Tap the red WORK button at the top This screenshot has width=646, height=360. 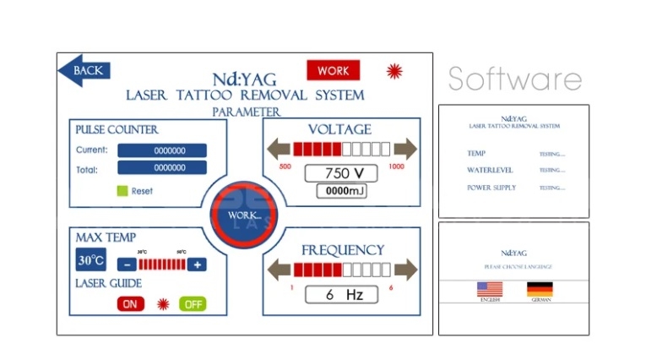tap(333, 71)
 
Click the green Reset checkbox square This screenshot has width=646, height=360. tap(122, 191)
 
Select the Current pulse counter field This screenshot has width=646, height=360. tap(161, 150)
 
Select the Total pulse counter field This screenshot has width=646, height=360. tap(161, 168)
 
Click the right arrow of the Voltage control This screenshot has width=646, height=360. tap(405, 150)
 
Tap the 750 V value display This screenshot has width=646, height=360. tap(339, 172)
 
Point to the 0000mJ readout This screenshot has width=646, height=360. tap(340, 191)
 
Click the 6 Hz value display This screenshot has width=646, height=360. tap(339, 296)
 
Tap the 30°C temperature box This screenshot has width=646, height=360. tap(90, 260)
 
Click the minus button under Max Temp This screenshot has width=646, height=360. tap(124, 264)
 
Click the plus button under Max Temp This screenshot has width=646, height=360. tap(198, 264)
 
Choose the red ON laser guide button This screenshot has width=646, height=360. tap(130, 303)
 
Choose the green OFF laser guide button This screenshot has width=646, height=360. tap(193, 303)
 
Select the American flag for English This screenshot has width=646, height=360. tap(490, 289)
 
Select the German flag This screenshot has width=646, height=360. tap(540, 289)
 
